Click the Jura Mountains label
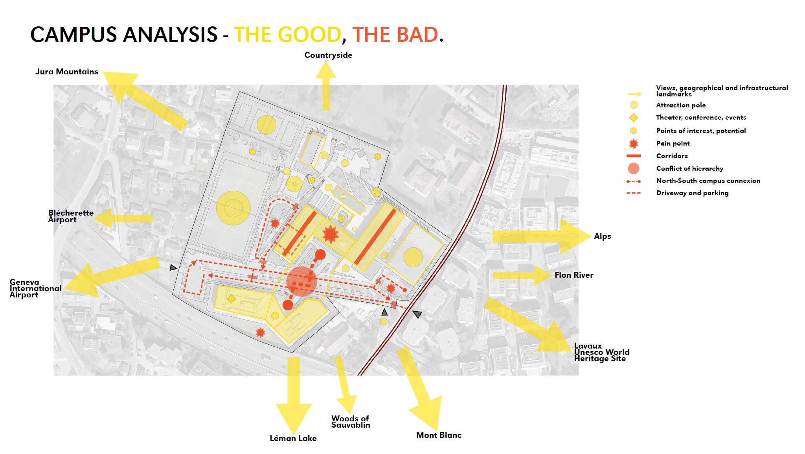tap(67, 72)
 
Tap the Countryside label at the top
tap(328, 55)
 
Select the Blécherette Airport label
tap(71, 216)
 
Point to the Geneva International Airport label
tap(35, 288)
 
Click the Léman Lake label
tap(293, 438)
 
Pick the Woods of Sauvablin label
tap(351, 422)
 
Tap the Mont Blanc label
tap(439, 435)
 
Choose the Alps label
tap(603, 236)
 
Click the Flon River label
tap(574, 275)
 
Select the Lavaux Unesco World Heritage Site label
tap(601, 352)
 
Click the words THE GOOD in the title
tap(288, 35)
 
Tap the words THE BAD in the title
tap(395, 35)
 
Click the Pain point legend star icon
tap(633, 144)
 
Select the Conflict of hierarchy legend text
tap(689, 168)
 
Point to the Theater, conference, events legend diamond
tap(633, 118)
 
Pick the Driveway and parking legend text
tap(692, 193)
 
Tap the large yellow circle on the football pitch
tap(233, 208)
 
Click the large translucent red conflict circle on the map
tap(301, 281)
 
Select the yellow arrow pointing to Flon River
tap(522, 275)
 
